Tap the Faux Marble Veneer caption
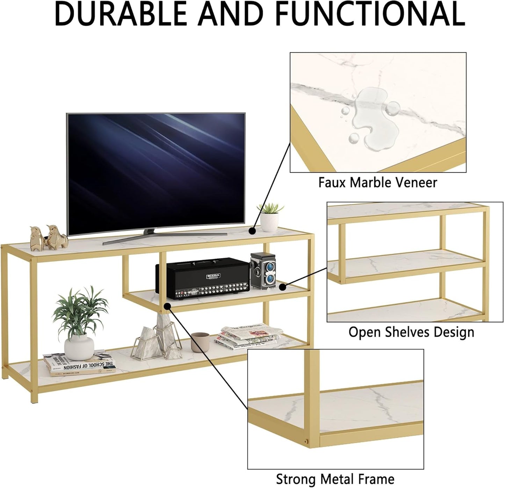[x=377, y=182]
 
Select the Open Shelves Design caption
[x=411, y=332]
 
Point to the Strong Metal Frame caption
[x=335, y=479]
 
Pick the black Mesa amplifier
[x=203, y=278]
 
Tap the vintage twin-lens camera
[x=264, y=270]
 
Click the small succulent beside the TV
[x=270, y=217]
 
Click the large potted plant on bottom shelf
[x=79, y=322]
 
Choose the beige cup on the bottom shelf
[x=200, y=342]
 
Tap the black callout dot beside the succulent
[x=252, y=231]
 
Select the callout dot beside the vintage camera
[x=283, y=287]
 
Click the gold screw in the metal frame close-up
[x=307, y=441]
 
